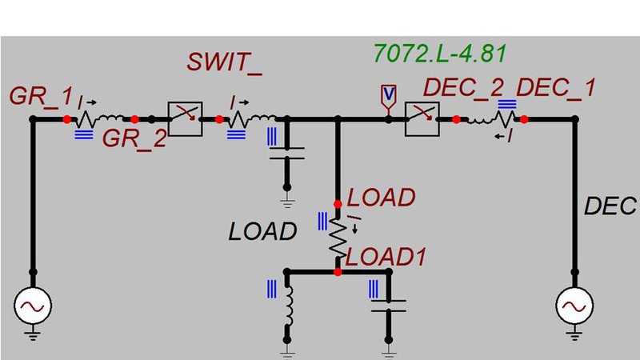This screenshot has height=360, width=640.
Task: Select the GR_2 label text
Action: click(x=134, y=138)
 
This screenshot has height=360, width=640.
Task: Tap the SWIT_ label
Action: click(x=225, y=62)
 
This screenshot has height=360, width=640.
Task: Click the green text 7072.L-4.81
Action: click(x=441, y=54)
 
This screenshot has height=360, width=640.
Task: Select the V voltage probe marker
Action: click(x=388, y=95)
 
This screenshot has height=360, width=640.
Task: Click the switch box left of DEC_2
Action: click(x=422, y=119)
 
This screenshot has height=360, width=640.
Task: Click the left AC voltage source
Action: click(x=34, y=306)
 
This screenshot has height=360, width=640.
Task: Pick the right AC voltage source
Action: click(x=574, y=306)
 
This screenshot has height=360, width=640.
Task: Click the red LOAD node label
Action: click(x=382, y=197)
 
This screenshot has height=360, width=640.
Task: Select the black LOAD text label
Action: click(x=262, y=232)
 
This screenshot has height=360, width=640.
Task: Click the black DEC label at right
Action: click(x=610, y=206)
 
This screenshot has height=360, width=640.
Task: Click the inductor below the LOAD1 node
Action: click(x=288, y=308)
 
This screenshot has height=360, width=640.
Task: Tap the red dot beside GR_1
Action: click(x=67, y=119)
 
